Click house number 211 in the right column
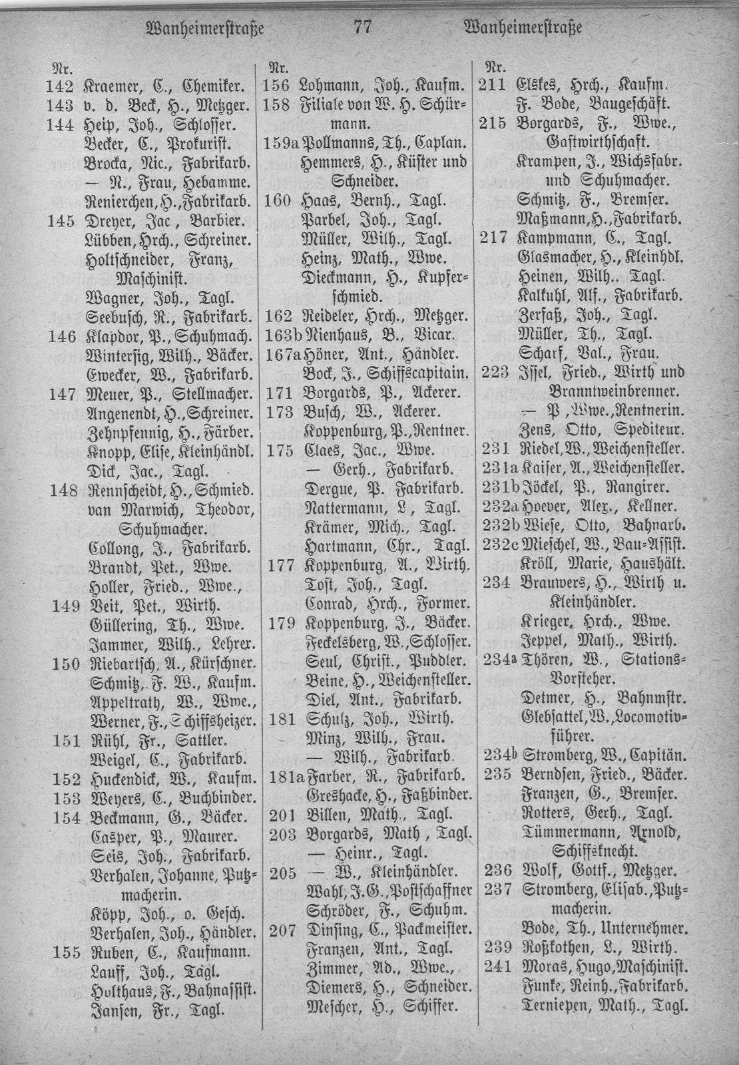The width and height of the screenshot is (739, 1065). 495,85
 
